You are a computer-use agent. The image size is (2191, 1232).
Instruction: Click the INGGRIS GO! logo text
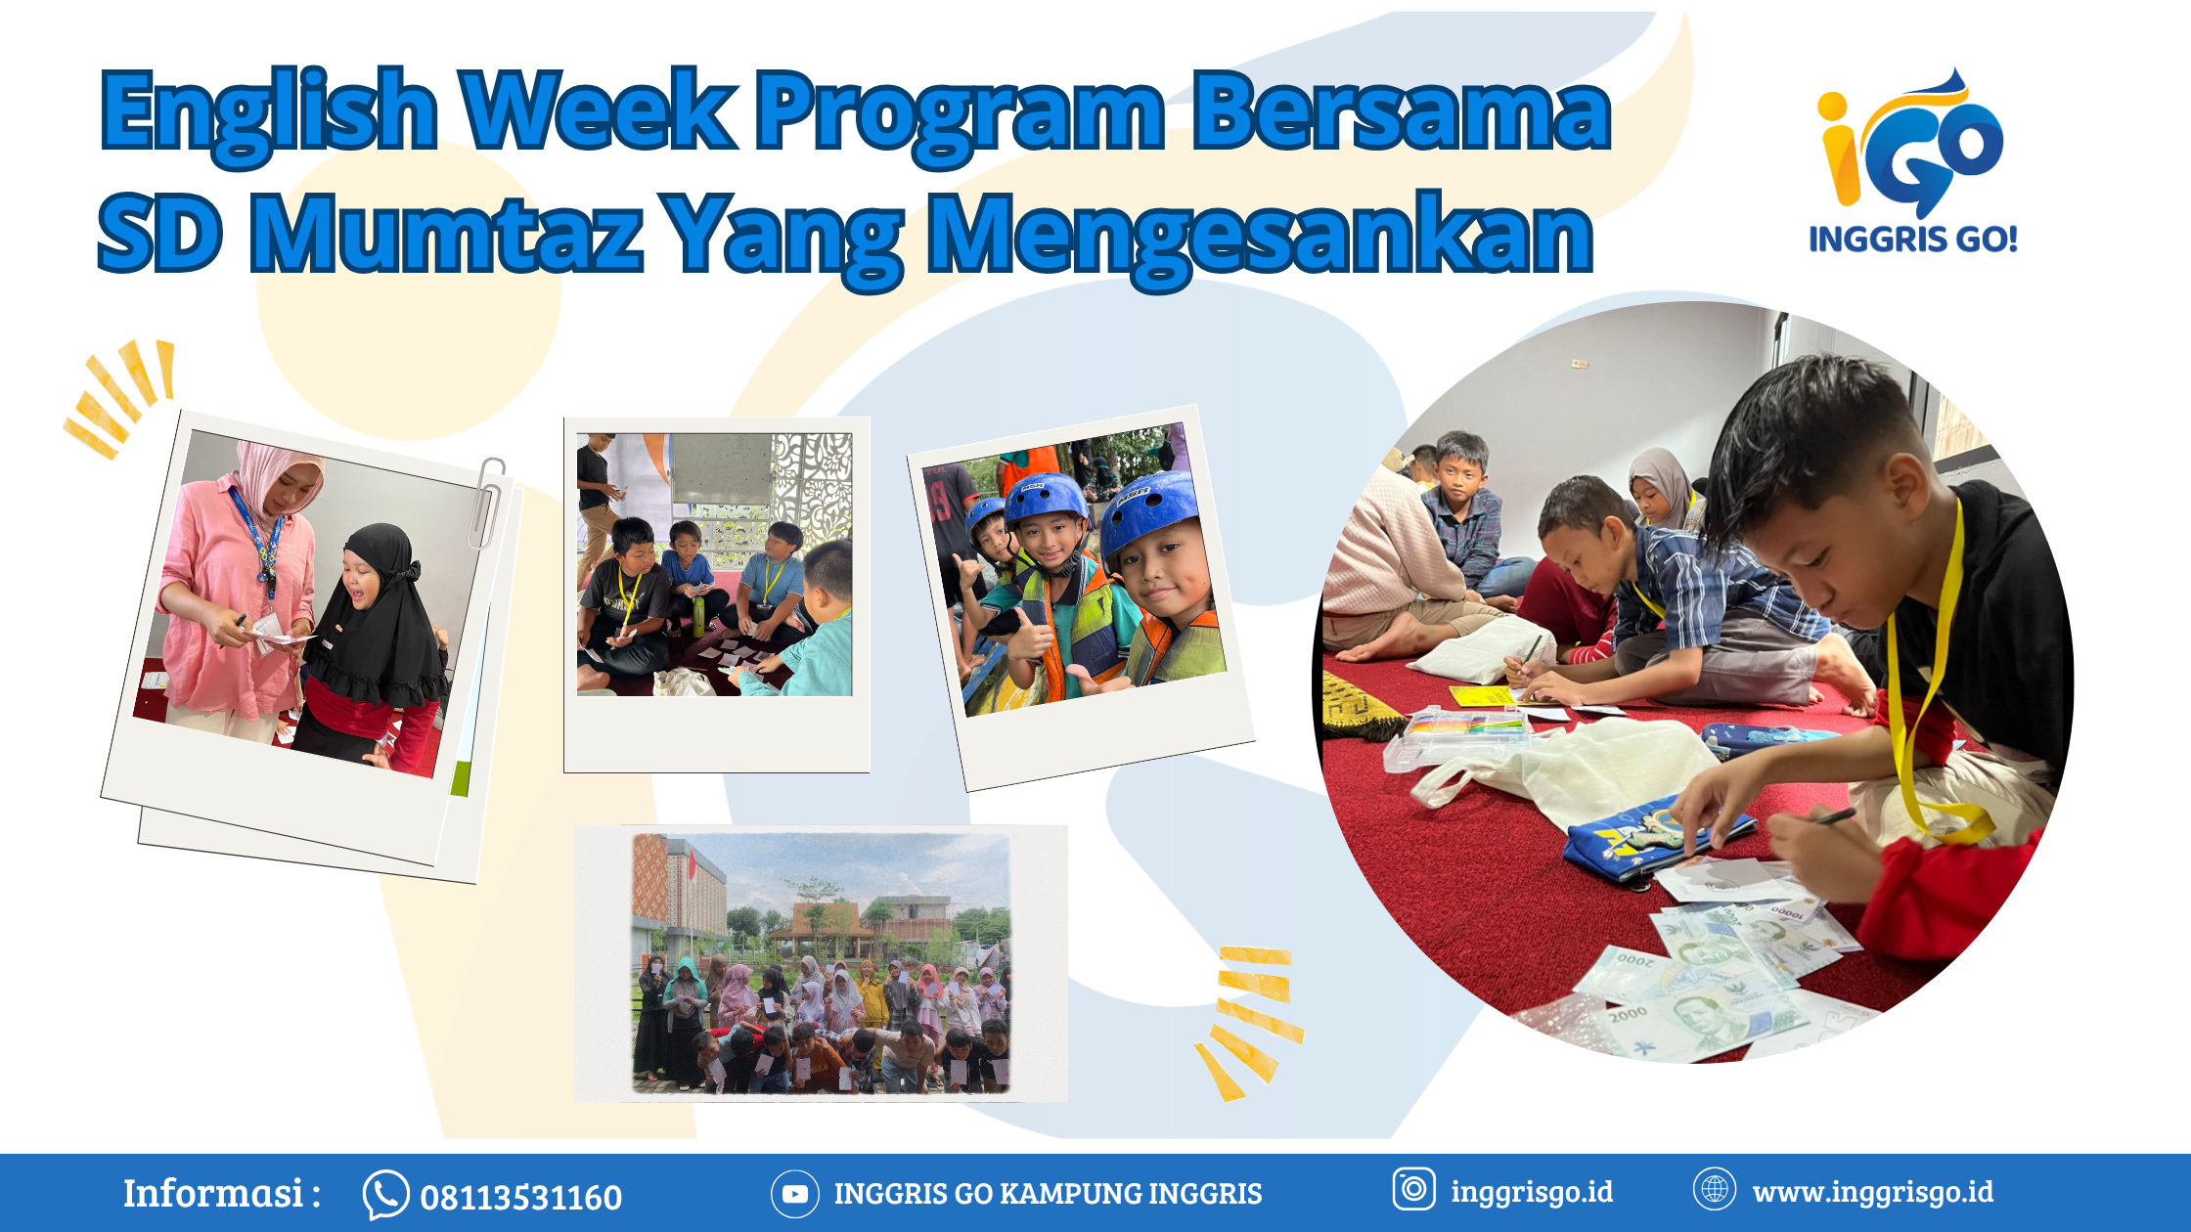click(x=1912, y=239)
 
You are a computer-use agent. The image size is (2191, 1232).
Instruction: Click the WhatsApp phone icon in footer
click(x=385, y=1195)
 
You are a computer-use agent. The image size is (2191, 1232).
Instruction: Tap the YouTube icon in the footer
click(x=794, y=1194)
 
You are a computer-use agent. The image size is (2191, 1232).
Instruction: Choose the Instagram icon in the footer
click(x=1413, y=1189)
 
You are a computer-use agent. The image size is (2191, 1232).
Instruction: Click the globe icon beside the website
click(x=1714, y=1189)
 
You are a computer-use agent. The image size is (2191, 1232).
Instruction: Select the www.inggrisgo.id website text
click(x=1872, y=1192)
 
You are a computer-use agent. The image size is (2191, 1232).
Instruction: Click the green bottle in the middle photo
click(x=698, y=615)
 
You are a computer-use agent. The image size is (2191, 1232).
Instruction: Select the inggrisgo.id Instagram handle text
click(x=1532, y=1192)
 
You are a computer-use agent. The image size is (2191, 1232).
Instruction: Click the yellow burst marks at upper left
click(x=122, y=396)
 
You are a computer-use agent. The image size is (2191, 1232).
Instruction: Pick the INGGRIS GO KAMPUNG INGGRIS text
click(x=1048, y=1194)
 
